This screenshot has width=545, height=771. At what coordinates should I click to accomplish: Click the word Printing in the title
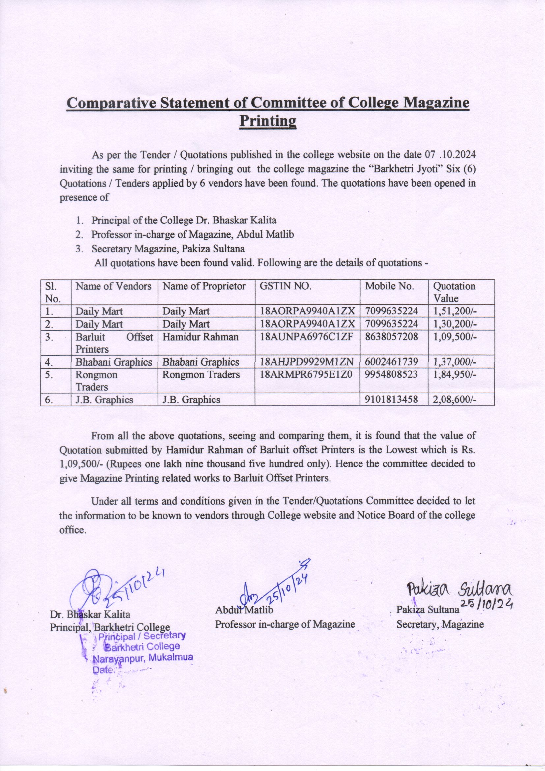268,121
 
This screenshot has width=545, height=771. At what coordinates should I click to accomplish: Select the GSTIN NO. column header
286,286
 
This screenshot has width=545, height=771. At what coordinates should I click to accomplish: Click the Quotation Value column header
454,292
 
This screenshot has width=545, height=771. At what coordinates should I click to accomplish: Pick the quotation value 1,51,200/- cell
455,311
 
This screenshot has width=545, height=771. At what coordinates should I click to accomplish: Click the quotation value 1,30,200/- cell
455,324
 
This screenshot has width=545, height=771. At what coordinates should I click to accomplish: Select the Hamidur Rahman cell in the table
200,337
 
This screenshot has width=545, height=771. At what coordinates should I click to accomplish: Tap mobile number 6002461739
391,362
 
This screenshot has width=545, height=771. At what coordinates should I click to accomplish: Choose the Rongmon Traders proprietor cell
201,375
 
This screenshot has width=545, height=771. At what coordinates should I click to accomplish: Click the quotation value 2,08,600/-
455,400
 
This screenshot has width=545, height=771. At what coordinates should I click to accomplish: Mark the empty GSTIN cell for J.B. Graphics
307,400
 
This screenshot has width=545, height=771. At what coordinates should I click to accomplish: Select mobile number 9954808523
391,375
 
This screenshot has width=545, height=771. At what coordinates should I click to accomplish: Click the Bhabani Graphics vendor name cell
114,362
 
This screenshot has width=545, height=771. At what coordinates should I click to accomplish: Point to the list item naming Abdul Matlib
192,234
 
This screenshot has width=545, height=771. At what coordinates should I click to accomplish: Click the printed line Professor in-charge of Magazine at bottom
285,625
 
